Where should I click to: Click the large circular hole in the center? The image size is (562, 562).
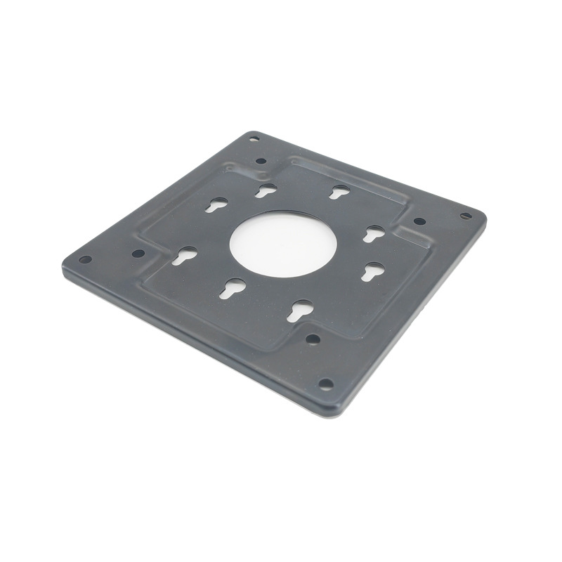tap(283, 243)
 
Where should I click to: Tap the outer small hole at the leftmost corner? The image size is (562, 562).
tap(85, 259)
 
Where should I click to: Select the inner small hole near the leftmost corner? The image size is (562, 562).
tap(138, 253)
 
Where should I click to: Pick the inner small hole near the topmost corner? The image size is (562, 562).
tap(261, 161)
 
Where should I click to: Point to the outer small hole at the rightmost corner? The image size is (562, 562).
tap(466, 216)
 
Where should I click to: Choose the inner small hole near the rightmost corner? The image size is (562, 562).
tap(419, 221)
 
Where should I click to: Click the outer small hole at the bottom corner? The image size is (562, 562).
tap(326, 384)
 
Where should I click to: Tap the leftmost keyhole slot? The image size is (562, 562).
tap(185, 256)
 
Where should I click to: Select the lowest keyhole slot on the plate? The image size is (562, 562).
tap(300, 310)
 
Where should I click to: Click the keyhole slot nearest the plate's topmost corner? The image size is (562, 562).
tap(265, 190)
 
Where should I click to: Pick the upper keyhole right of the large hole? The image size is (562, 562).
tap(374, 233)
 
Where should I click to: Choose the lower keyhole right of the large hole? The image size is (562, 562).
tap(372, 271)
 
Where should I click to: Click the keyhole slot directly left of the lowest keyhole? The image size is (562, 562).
tap(233, 288)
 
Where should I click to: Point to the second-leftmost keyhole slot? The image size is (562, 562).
tap(216, 204)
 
